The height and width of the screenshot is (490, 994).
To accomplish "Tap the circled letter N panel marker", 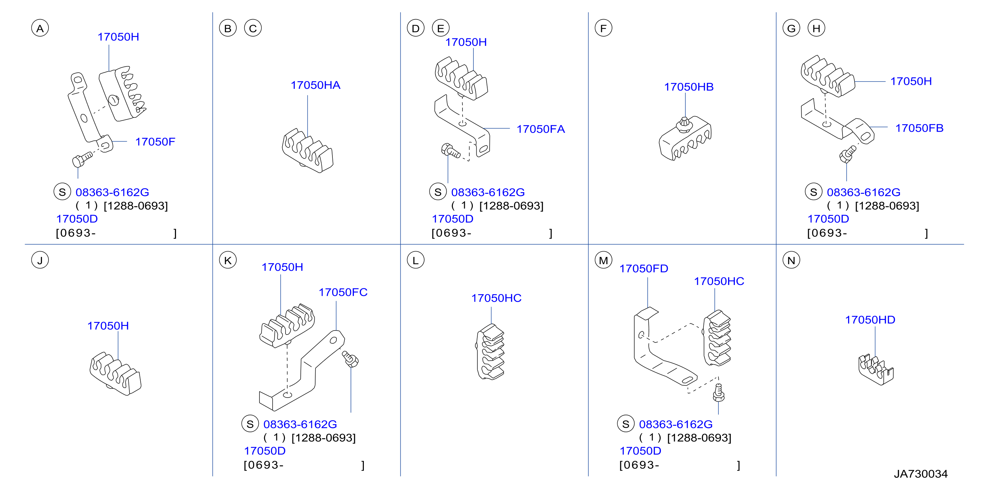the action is (x=791, y=261).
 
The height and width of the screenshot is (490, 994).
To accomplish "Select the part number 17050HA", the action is (x=315, y=85).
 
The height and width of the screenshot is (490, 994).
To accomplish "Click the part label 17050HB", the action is (x=688, y=87).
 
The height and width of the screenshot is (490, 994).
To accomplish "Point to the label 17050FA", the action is (x=541, y=129).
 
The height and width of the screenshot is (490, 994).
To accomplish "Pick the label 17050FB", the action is (x=919, y=128).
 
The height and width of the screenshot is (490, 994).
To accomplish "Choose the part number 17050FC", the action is (x=343, y=293).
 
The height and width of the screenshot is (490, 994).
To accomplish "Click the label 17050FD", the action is (x=644, y=268).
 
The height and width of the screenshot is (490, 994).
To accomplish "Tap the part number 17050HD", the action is (x=870, y=320).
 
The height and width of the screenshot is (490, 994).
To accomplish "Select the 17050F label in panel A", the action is (x=155, y=142).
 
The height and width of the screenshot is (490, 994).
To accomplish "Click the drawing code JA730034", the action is (x=921, y=474).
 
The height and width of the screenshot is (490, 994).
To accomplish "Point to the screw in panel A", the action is (x=82, y=159).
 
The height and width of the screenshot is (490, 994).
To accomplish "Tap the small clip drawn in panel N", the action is (x=876, y=369).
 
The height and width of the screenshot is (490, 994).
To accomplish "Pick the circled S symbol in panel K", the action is (x=250, y=424).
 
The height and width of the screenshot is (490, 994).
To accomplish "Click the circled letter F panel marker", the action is (x=603, y=28).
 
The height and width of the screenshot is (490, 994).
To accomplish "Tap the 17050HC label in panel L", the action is (x=496, y=298).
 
